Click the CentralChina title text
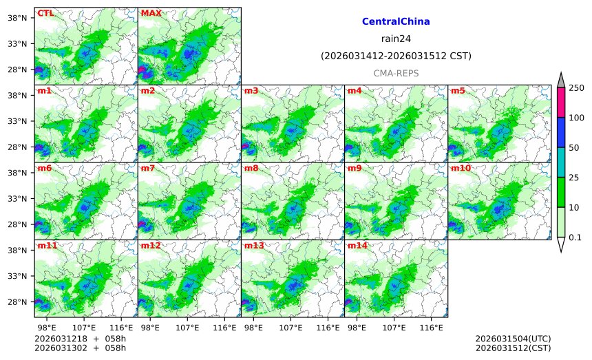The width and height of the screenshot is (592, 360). [396, 22]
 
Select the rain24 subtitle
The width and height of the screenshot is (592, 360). [396, 39]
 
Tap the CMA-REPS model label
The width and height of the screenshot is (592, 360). [396, 73]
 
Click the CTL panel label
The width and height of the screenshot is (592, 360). [45, 13]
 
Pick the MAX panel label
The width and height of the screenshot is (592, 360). [151, 13]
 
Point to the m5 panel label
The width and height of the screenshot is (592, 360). [457, 91]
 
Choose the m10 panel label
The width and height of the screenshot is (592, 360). [460, 168]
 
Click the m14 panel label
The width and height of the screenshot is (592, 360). [357, 246]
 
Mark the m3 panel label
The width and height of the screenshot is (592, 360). [251, 91]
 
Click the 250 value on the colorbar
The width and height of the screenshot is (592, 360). [576, 87]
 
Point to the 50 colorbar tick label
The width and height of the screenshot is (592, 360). [573, 147]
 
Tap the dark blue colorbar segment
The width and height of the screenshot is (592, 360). [561, 132]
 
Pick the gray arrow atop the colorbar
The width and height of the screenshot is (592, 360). [561, 80]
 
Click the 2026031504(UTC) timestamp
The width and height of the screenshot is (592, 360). [513, 339]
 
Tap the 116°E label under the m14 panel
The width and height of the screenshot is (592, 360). [431, 328]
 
